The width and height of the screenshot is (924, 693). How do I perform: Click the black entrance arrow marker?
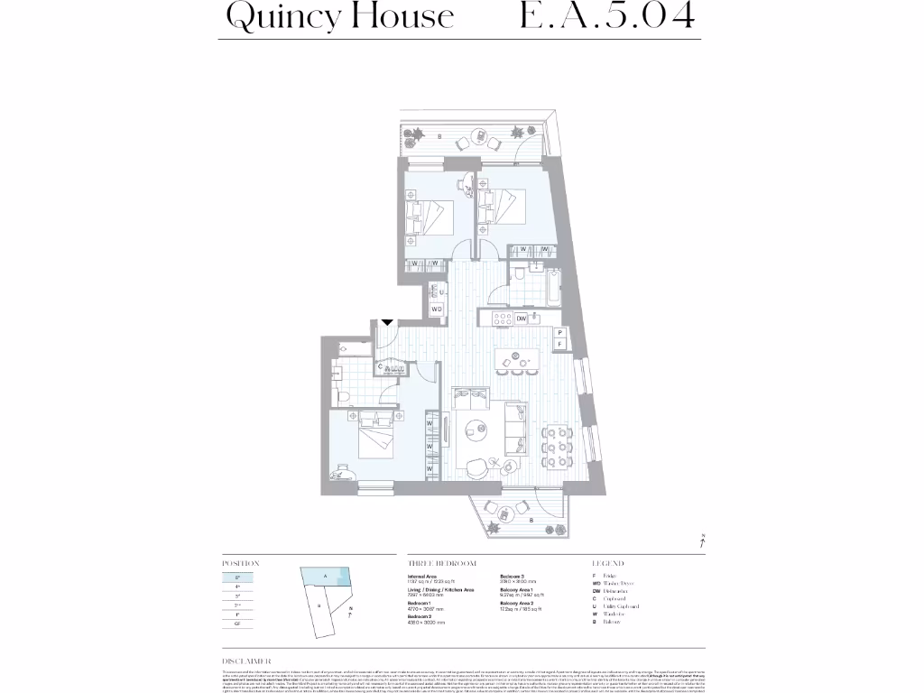pos(387,321)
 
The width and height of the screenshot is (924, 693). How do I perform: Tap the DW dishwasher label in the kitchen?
pos(522,319)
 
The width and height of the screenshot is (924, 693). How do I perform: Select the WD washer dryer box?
pos(437,310)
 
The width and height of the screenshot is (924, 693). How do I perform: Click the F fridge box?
pos(560,345)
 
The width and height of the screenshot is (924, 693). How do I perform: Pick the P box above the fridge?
pos(560,332)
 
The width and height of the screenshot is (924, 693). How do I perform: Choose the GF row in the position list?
pos(237,624)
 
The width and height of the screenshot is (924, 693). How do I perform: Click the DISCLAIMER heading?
pos(246,661)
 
